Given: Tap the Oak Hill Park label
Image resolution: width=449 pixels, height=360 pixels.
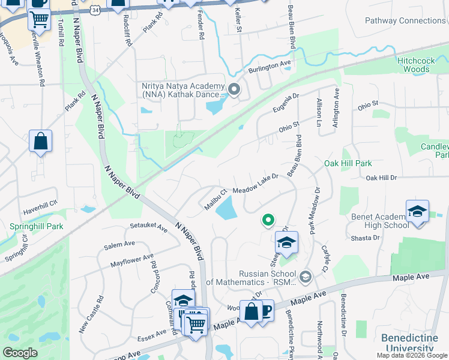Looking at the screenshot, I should pyautogui.click(x=348, y=163).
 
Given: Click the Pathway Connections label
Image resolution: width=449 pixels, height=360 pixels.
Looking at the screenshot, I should pyautogui.click(x=405, y=20).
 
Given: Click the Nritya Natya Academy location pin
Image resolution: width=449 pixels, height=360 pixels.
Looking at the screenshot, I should pyautogui.click(x=234, y=91).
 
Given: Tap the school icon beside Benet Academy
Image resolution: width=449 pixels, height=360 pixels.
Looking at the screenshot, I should pyautogui.click(x=417, y=212).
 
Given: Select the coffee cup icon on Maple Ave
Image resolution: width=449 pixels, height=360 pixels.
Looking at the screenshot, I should pyautogui.click(x=264, y=311).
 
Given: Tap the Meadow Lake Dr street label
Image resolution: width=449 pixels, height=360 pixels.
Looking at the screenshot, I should pyautogui.click(x=256, y=183).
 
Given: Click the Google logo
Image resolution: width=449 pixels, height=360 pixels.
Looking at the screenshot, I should pyautogui.click(x=20, y=353).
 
